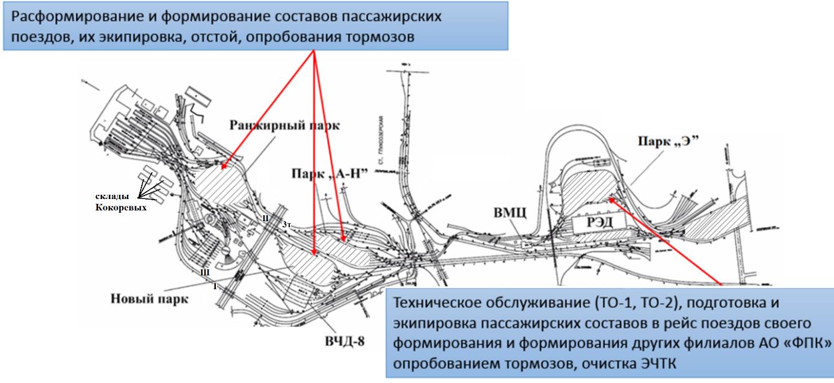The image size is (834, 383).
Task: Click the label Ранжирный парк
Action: coord(284,126)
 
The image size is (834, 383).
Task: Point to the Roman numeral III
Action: coord(204,272)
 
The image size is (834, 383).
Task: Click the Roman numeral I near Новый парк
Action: coord(215,287)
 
